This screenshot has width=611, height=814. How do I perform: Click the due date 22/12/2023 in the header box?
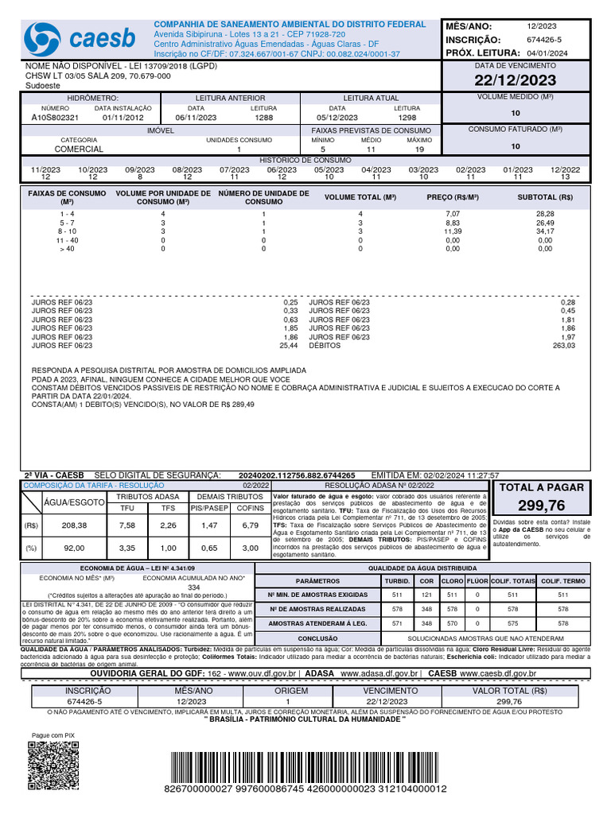pyautogui.click(x=516, y=79)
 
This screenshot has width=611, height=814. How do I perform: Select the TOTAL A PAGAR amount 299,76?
pyautogui.click(x=541, y=506)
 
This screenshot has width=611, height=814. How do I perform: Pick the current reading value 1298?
pyautogui.click(x=407, y=118)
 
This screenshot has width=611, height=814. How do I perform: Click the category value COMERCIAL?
pyautogui.click(x=79, y=149)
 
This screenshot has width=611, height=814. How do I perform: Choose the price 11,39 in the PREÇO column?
pyautogui.click(x=452, y=231)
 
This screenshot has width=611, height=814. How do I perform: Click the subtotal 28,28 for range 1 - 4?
pyautogui.click(x=545, y=214)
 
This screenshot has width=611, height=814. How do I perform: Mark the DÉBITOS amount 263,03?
pyautogui.click(x=563, y=346)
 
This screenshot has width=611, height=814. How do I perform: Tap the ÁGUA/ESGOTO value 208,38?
pyautogui.click(x=74, y=525)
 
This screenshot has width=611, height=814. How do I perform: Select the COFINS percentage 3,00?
pyautogui.click(x=251, y=548)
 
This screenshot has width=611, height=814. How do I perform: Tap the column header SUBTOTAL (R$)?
pyautogui.click(x=545, y=197)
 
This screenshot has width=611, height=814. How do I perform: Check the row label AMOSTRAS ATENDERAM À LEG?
pyautogui.click(x=317, y=624)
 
